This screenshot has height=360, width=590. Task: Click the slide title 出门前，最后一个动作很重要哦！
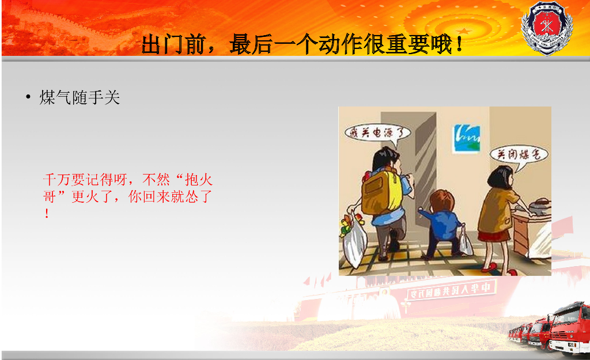coord(303,44)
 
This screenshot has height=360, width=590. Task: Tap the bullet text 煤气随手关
coord(80,98)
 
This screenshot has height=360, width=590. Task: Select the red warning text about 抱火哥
coord(128,196)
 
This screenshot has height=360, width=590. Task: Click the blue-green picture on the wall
coord(466,138)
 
